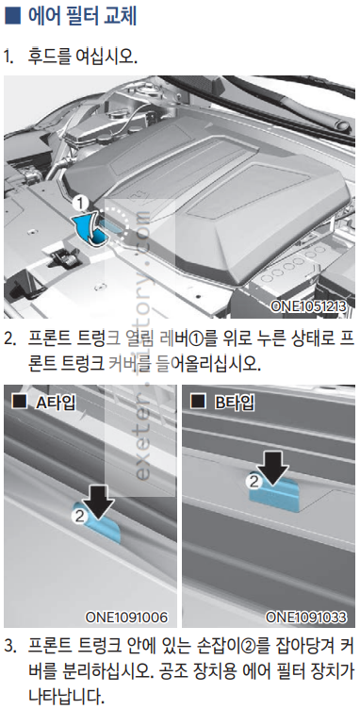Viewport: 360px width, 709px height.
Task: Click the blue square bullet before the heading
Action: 12,17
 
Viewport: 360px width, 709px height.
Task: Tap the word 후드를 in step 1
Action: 50,57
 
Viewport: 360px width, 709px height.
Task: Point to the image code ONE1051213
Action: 309,307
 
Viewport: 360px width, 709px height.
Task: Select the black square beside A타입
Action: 21,402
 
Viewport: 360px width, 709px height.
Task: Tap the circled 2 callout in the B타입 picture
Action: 254,482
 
